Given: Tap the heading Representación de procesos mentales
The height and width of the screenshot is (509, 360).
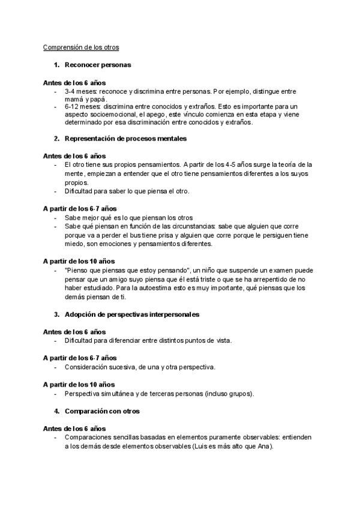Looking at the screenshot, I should (x=126, y=139).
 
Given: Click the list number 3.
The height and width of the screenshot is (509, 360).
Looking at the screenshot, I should (x=56, y=314).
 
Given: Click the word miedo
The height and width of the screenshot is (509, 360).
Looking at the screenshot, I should (x=74, y=244).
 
